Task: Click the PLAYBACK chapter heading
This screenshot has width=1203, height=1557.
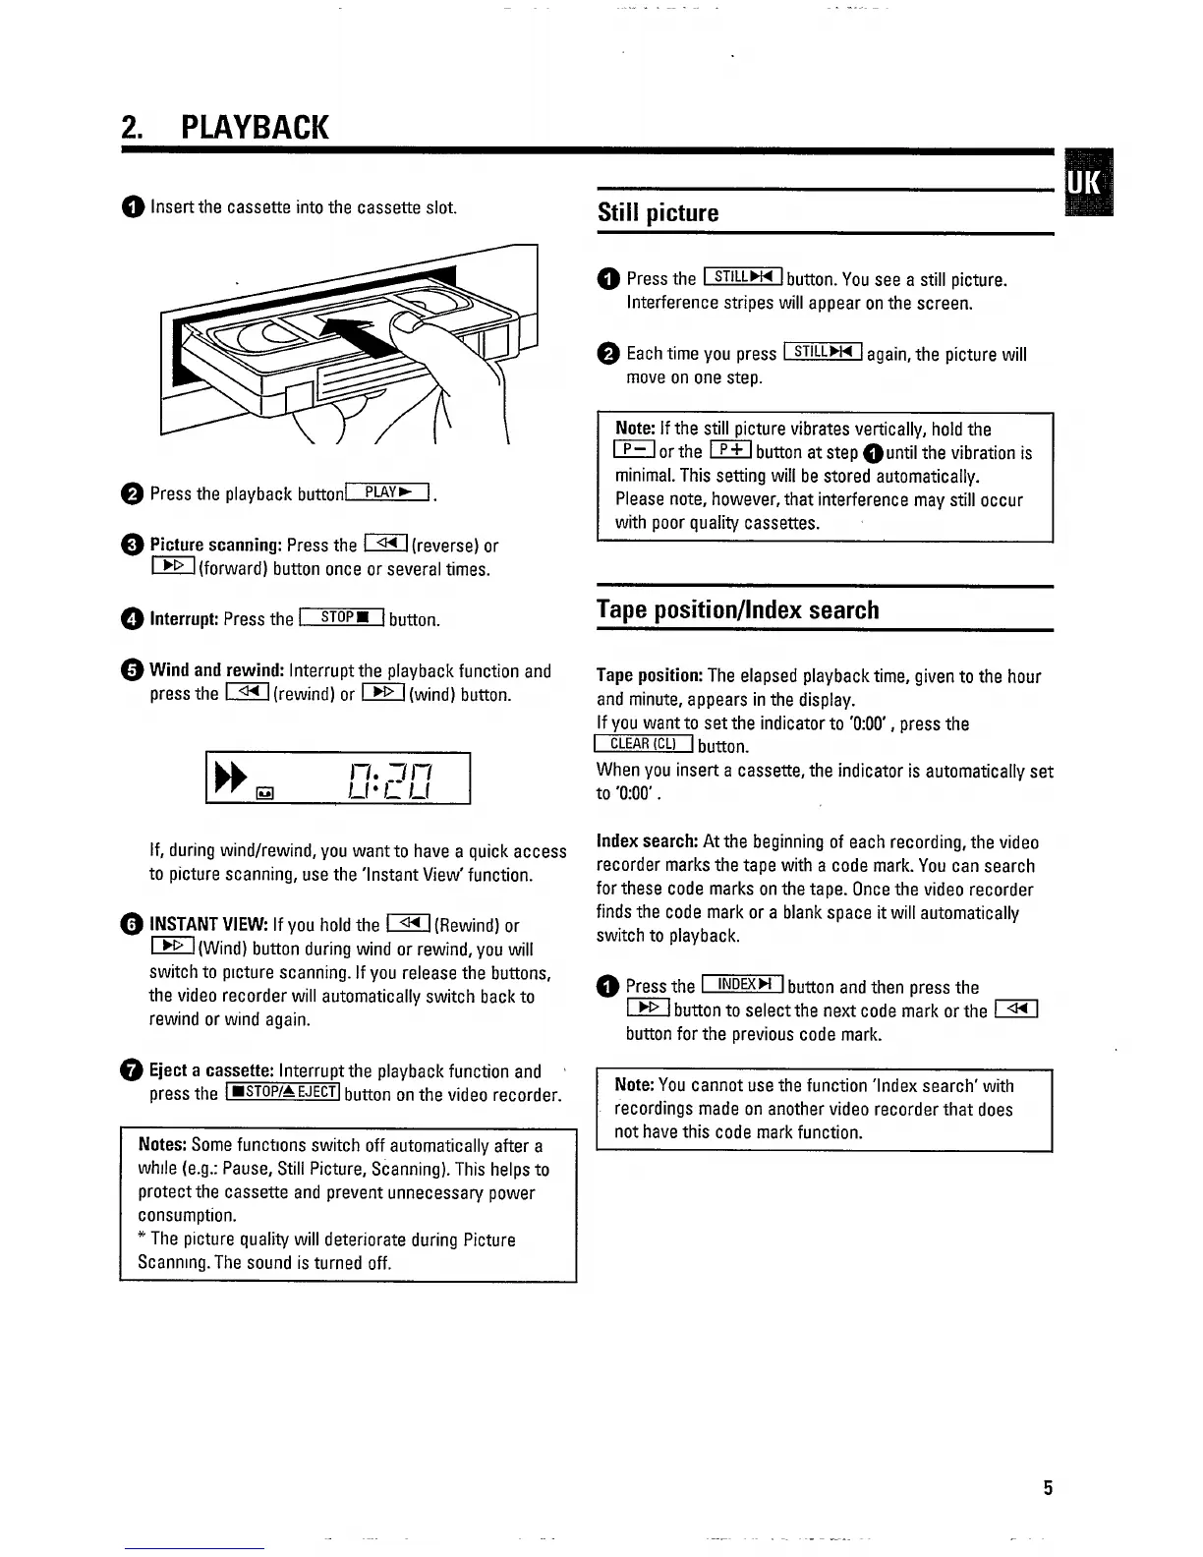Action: point(224,127)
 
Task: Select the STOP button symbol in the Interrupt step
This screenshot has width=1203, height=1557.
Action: point(341,618)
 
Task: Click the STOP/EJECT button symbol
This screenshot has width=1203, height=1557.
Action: point(283,1093)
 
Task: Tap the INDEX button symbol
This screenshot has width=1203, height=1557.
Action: point(742,985)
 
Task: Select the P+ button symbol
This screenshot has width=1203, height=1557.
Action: point(730,451)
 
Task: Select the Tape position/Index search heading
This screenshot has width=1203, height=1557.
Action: point(737,609)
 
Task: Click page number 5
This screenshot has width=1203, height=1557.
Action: point(1048,1487)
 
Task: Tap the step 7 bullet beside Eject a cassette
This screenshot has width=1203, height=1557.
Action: point(133,1071)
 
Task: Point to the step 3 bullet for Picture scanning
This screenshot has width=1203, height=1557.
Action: point(133,546)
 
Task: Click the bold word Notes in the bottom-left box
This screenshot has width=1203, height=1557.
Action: point(162,1145)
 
